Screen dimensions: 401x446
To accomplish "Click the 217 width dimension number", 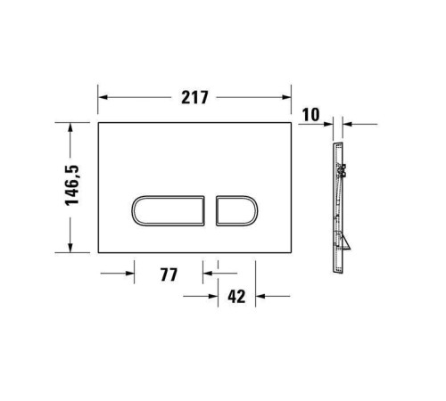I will point(195,97).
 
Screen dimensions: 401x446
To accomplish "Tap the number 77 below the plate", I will point(169,274).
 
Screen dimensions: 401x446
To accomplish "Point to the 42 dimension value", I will point(236,297).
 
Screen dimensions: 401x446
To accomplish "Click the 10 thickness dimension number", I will point(310,112).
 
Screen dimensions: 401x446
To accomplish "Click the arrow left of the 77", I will point(128,274).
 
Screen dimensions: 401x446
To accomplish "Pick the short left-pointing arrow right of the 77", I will point(208,274).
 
